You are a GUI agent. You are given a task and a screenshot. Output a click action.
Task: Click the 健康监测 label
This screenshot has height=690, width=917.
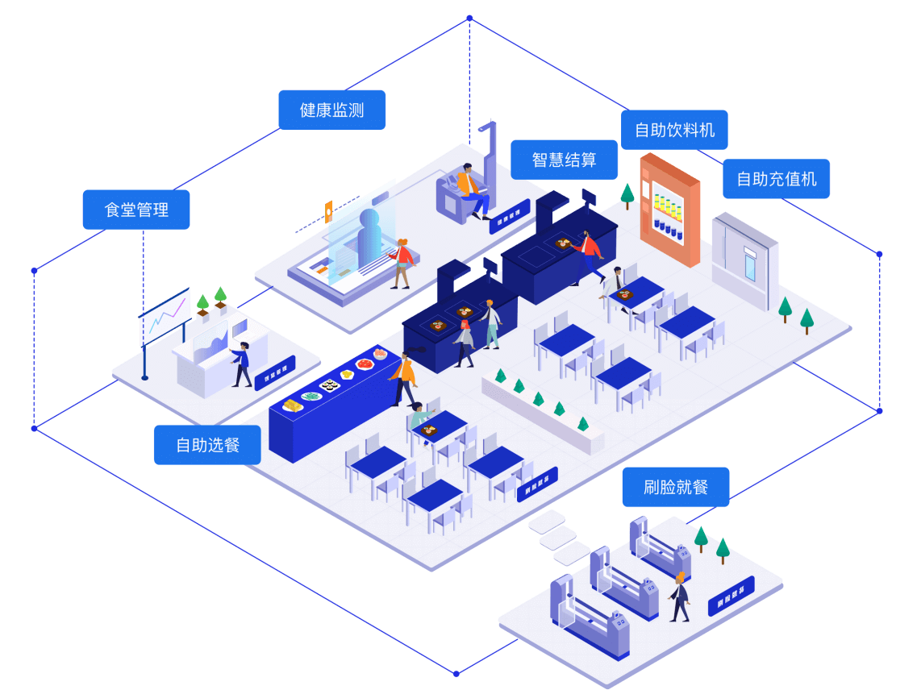point(331,110)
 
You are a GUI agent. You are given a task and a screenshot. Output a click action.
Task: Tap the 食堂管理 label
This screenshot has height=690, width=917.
point(136,210)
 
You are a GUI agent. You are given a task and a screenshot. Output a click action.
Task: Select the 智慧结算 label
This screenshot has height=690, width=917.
point(564,160)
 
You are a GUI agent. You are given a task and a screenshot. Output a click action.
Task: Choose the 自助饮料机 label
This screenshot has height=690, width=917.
point(674,130)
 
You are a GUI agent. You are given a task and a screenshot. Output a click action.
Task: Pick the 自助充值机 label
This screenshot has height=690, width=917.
point(776,179)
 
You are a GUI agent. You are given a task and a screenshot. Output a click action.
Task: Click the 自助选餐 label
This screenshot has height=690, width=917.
point(207,445)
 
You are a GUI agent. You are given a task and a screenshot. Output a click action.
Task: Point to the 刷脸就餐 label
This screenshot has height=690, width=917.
point(675,487)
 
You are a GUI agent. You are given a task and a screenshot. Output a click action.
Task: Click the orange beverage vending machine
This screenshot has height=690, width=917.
point(669,210)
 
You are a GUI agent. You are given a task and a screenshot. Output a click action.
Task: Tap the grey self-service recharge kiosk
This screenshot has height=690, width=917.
point(744,260)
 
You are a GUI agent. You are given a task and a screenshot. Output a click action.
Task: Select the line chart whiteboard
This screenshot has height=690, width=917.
point(165,315)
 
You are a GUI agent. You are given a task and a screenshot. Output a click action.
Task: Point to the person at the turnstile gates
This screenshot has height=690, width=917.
point(679,597)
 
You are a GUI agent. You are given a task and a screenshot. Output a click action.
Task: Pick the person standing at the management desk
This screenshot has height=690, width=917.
point(241,364)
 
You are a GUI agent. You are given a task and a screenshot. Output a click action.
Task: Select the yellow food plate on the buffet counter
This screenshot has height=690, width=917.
point(292,405)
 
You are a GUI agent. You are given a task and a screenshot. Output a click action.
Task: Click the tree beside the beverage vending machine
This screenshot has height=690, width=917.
point(627,195)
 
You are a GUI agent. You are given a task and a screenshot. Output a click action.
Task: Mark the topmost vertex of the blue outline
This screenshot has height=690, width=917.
point(469,18)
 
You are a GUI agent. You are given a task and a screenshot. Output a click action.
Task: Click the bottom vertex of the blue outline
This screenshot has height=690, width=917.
point(456,673)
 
